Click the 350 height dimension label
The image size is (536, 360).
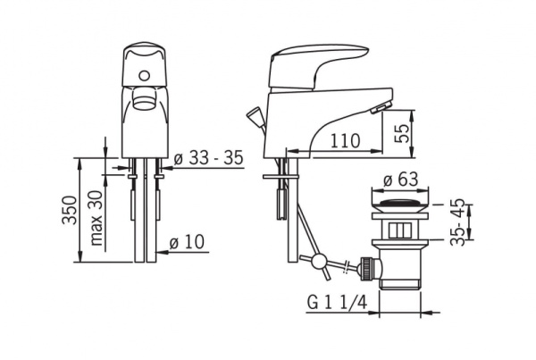(70, 210)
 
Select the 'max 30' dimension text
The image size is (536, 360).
(96, 218)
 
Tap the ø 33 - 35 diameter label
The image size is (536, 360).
(208, 157)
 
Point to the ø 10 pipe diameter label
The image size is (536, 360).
(187, 242)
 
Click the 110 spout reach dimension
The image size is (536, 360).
(345, 140)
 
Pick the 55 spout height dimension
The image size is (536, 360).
(401, 134)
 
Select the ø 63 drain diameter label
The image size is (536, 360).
(400, 179)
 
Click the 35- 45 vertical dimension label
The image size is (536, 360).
(457, 222)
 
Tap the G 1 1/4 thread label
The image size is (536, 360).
(337, 302)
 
